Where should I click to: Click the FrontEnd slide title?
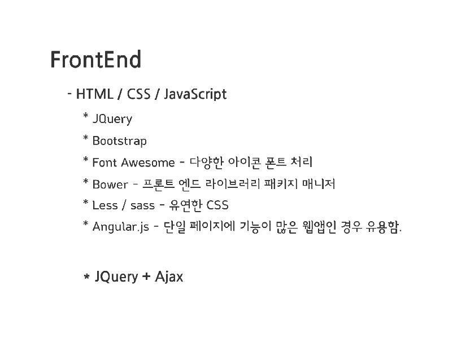(95, 60)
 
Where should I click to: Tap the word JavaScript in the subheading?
(195, 94)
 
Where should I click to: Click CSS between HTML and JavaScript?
(138, 94)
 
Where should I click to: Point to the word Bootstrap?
(119, 141)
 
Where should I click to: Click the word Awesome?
(147, 163)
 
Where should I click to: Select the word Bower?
(110, 185)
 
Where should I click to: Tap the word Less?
(104, 205)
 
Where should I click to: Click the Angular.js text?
(120, 227)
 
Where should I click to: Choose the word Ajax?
(169, 277)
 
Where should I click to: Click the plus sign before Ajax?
(146, 277)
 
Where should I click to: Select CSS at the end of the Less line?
(217, 205)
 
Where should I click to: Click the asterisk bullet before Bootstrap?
(86, 139)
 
